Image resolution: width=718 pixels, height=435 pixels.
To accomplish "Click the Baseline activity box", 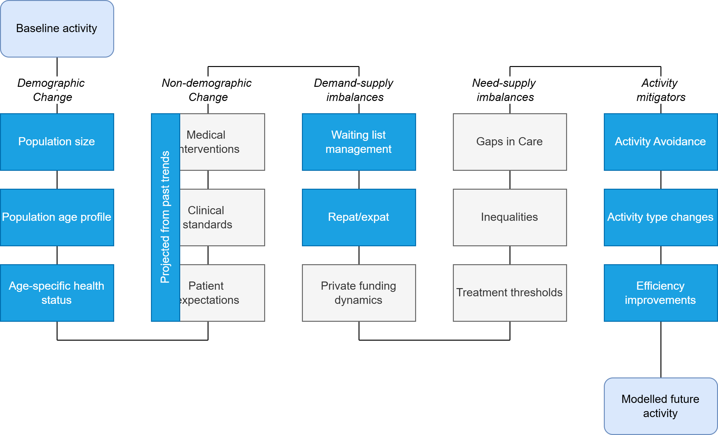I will pos(57,29).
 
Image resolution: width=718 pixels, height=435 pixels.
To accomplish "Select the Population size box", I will pos(57,142).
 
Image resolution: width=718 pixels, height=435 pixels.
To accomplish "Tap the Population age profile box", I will pos(57,217).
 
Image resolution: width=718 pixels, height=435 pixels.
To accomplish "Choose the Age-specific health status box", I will pos(57,293).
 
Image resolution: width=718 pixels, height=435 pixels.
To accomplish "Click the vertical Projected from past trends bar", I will pos(165,217).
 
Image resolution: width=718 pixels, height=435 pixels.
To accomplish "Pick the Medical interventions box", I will pos(222,142).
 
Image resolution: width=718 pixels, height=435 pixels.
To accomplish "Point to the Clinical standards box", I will pos(222,217).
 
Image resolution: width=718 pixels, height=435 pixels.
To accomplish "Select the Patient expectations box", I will pos(222,293).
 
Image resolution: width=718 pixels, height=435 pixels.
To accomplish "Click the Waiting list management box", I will pos(359,142).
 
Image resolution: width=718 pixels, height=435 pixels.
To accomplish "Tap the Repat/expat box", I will pos(359,217).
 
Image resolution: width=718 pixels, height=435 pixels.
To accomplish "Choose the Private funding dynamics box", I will pos(359,293).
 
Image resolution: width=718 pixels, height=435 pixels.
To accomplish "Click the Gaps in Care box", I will pos(510,142).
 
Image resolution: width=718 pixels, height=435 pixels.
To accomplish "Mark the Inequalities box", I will pos(510,217).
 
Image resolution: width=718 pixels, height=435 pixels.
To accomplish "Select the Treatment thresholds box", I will pos(510,293).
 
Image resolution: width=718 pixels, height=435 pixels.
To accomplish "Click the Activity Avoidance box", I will pos(660,142).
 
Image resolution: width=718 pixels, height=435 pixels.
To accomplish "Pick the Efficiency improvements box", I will pos(660,293).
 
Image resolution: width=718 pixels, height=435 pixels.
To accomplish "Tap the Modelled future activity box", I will pos(660,406).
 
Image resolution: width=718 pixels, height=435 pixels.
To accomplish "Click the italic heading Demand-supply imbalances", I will pos(354,90).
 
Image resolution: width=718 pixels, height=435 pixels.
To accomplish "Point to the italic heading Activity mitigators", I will pos(660,90).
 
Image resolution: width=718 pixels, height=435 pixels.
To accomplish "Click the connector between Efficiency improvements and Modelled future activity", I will pos(661,349).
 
